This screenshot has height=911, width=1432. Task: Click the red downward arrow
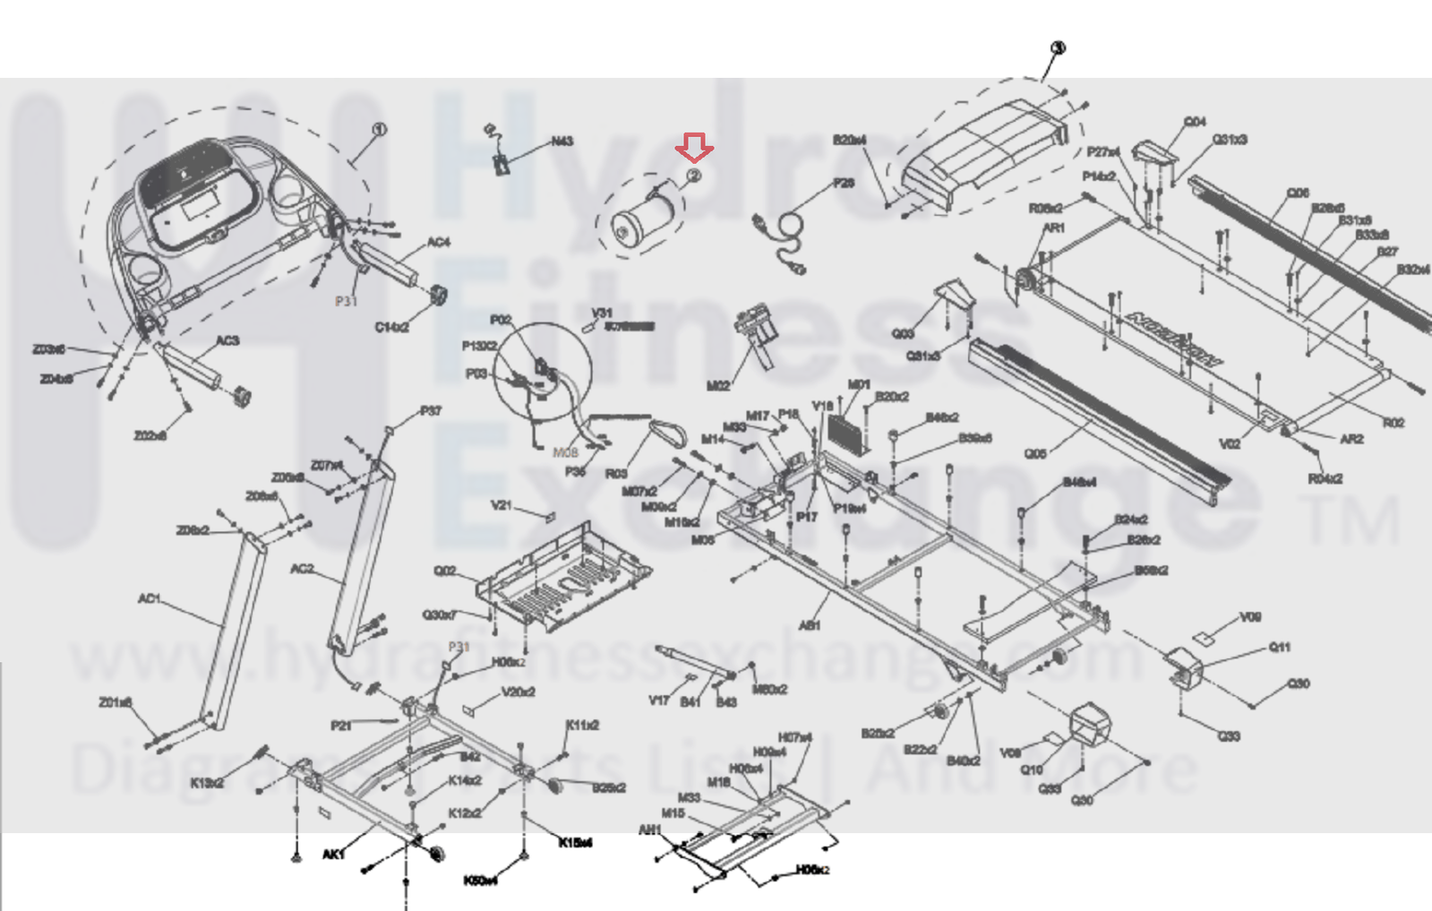pyautogui.click(x=694, y=146)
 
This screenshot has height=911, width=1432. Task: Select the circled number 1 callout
pyautogui.click(x=379, y=130)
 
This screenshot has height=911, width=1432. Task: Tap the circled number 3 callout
pyautogui.click(x=1058, y=48)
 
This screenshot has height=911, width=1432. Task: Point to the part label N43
pyautogui.click(x=562, y=142)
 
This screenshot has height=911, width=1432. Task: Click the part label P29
pyautogui.click(x=844, y=183)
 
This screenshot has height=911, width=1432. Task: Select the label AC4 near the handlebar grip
pyautogui.click(x=438, y=242)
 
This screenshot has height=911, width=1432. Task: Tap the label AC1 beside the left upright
pyautogui.click(x=149, y=598)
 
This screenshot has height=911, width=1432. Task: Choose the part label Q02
pyautogui.click(x=445, y=571)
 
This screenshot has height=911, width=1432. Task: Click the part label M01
pyautogui.click(x=859, y=384)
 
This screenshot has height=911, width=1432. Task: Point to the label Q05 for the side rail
pyautogui.click(x=1035, y=453)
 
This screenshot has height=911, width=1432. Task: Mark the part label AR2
pyautogui.click(x=1351, y=439)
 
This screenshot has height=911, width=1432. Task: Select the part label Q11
pyautogui.click(x=1280, y=647)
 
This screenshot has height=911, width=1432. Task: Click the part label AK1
pyautogui.click(x=333, y=855)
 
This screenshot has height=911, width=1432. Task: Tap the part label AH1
pyautogui.click(x=649, y=830)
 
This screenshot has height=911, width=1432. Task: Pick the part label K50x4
pyautogui.click(x=480, y=881)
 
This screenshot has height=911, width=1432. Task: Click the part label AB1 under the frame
pyautogui.click(x=809, y=625)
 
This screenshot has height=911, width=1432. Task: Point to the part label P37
pyautogui.click(x=431, y=411)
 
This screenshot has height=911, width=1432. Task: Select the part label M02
pyautogui.click(x=718, y=385)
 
